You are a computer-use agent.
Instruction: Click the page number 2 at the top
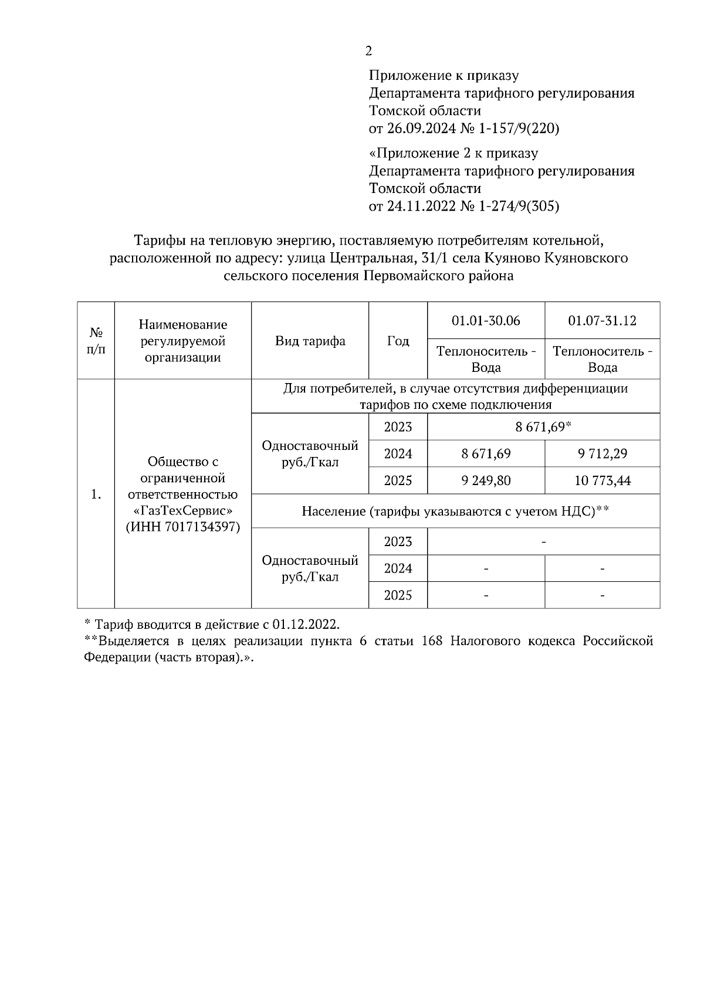point(368,52)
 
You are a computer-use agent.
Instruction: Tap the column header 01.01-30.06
point(486,321)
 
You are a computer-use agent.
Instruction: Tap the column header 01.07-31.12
point(602,321)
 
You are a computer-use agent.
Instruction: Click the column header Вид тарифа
point(310,341)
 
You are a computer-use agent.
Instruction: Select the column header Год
point(398,341)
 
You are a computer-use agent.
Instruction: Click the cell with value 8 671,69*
point(543,427)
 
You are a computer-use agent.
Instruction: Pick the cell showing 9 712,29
point(602,454)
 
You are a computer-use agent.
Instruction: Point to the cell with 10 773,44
point(602,481)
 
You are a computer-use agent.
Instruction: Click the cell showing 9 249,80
point(486,481)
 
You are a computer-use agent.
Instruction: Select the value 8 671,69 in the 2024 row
point(486,454)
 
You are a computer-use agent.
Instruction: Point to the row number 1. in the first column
point(96,494)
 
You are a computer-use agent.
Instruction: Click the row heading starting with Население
point(455,511)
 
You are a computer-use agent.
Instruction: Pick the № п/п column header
point(96,341)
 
